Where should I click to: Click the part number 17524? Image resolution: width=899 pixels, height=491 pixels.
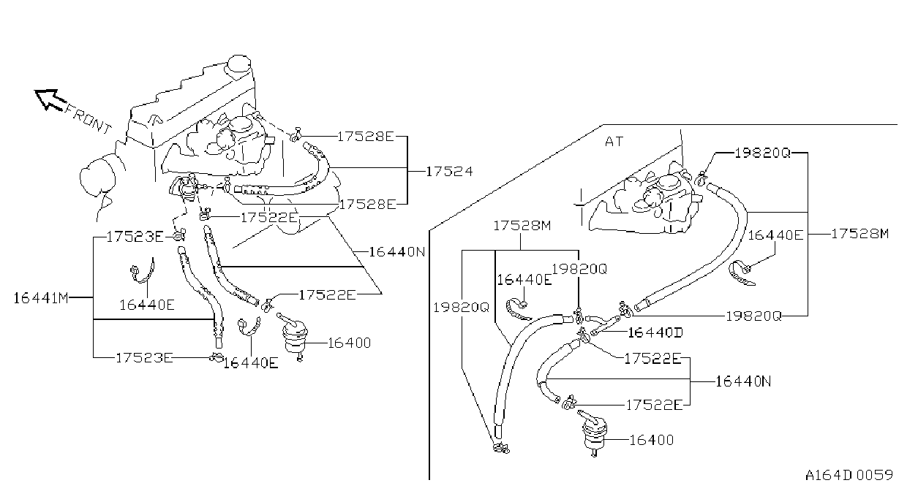pyautogui.click(x=449, y=172)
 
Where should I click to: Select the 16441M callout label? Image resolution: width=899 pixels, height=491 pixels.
pyautogui.click(x=40, y=298)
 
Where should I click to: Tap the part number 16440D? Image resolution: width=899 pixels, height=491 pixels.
pyautogui.click(x=655, y=332)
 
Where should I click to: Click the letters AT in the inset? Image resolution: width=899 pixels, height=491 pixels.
pyautogui.click(x=614, y=142)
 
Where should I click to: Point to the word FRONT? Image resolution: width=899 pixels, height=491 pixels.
pyautogui.click(x=89, y=119)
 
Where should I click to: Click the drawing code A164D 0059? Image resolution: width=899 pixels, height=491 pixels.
pyautogui.click(x=849, y=475)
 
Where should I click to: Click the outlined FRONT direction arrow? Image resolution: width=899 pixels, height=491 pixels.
pyautogui.click(x=49, y=99)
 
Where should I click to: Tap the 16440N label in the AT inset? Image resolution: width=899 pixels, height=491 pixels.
pyautogui.click(x=743, y=381)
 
